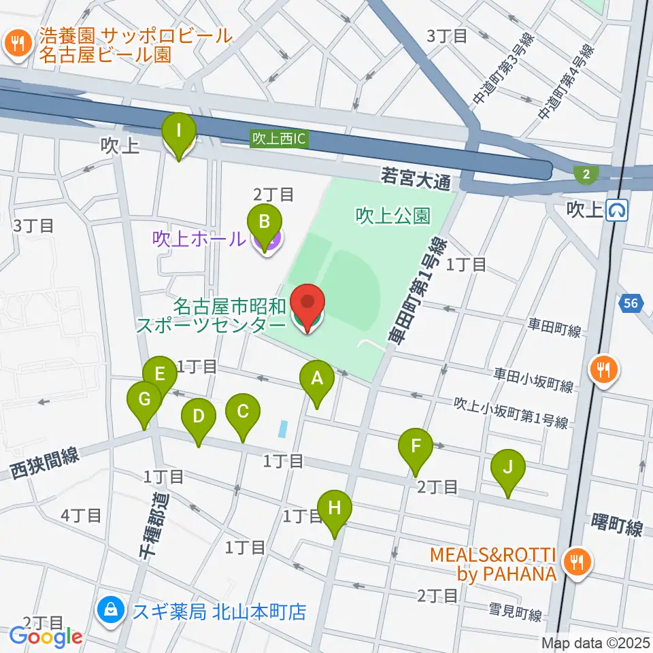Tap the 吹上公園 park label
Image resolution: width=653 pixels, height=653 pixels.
point(392,216)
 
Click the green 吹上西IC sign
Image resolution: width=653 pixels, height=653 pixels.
point(280,138)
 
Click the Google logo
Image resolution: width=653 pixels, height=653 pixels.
point(46,637)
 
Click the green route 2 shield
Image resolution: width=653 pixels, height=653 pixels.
point(584,175)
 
